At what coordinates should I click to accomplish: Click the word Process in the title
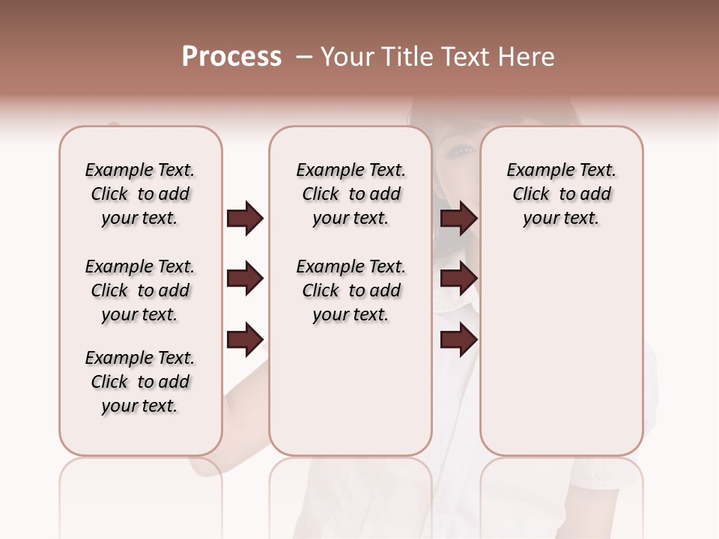pos(231,57)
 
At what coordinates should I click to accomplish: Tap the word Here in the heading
pos(526,57)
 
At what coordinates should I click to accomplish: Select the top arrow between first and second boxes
pos(245,219)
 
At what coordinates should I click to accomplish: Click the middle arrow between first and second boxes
pos(245,279)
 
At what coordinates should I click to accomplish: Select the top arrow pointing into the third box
pos(458,219)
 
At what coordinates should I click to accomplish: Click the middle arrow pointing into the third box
pos(458,279)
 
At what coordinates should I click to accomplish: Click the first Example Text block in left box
pos(139,194)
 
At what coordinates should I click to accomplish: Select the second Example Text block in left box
pos(139,290)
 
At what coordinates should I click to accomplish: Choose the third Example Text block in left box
pos(139,382)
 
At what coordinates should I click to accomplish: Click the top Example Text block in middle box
pos(351,194)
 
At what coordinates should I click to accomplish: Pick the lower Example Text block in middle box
pos(351,290)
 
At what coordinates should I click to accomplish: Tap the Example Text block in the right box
pos(561,194)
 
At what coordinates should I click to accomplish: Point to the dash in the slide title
pos(304,57)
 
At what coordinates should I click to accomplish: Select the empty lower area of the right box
pos(561,352)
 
